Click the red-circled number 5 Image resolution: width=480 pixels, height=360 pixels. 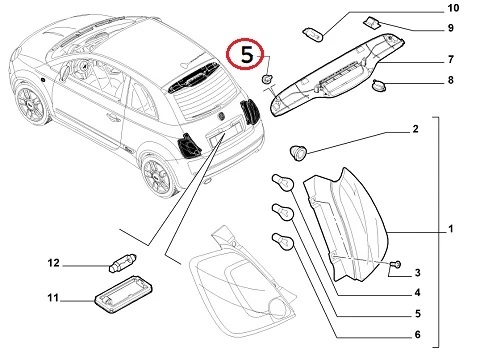tap(247, 55)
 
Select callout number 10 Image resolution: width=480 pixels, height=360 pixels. tap(453, 8)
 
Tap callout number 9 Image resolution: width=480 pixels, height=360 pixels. tap(451, 28)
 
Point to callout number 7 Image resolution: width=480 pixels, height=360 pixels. tap(451, 59)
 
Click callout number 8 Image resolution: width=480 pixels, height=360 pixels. tap(451, 80)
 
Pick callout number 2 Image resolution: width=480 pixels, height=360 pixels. tap(415, 129)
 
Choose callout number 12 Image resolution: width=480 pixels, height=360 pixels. tap(53, 263)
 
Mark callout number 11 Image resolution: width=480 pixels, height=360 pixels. tap(53, 298)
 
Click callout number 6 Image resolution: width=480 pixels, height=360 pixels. tap(418, 334)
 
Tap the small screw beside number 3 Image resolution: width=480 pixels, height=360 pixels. tap(396, 265)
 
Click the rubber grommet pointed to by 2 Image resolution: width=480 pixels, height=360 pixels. tap(297, 152)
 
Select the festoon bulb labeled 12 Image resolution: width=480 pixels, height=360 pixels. tap(123, 262)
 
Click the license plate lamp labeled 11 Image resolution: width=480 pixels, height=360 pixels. tap(124, 294)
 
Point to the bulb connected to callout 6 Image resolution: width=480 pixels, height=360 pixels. tap(283, 241)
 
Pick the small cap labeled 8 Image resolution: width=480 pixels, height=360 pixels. tap(379, 85)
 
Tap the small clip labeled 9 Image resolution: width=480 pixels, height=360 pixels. tap(372, 23)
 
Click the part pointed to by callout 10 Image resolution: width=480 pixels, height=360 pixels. tap(313, 35)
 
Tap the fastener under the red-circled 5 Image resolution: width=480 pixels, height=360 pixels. tap(267, 79)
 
